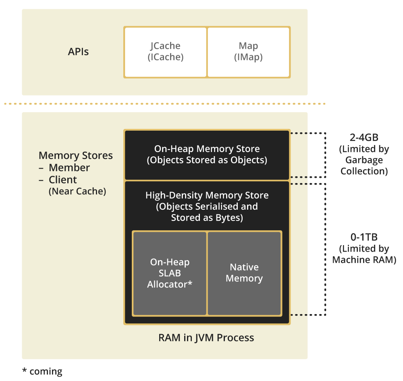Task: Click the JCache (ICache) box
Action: [165, 52]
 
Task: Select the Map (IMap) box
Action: [248, 52]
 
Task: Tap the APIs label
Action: [78, 52]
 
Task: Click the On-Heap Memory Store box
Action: [207, 154]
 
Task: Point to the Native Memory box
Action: [244, 273]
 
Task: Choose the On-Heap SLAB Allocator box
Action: [169, 273]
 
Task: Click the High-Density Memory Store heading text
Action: [207, 196]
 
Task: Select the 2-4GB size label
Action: [364, 137]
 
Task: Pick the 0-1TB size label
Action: [364, 237]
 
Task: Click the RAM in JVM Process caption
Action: [206, 337]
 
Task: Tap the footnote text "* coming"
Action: [42, 371]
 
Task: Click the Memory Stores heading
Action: [76, 156]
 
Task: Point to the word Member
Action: [69, 168]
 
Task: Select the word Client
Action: [63, 180]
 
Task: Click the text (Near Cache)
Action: [77, 192]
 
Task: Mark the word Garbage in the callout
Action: [364, 160]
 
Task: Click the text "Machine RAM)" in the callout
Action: [364, 260]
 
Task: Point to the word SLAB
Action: [169, 273]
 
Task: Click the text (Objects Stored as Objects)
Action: [207, 160]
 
